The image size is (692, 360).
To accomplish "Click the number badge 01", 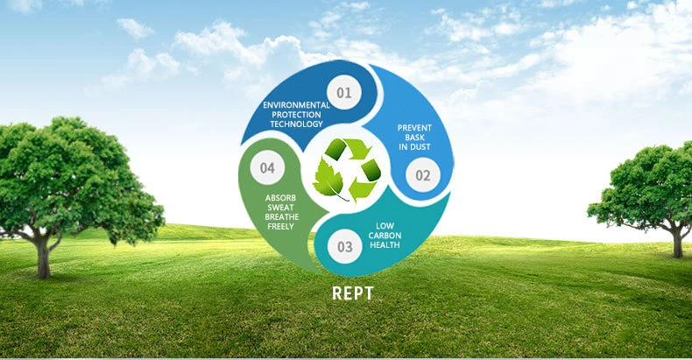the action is (x=342, y=92).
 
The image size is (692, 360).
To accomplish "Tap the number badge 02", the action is (x=423, y=174).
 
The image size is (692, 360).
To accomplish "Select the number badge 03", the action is (x=345, y=247).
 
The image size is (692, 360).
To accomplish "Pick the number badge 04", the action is (x=267, y=167).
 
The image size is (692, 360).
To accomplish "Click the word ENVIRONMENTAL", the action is (x=297, y=105).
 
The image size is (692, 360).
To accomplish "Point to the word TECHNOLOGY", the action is (x=297, y=124).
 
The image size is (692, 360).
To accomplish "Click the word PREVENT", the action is (x=414, y=128).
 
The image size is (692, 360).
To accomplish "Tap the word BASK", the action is (x=414, y=138).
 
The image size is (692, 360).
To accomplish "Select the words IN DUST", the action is (x=414, y=147).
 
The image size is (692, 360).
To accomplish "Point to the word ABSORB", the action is (x=280, y=198).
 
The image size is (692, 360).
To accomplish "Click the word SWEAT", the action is (x=280, y=208).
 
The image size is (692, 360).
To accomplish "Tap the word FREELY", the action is (x=280, y=227).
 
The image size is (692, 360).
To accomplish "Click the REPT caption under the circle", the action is (x=352, y=293).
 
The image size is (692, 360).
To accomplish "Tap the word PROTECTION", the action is (x=297, y=115).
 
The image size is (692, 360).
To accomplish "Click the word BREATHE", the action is (x=280, y=217).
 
